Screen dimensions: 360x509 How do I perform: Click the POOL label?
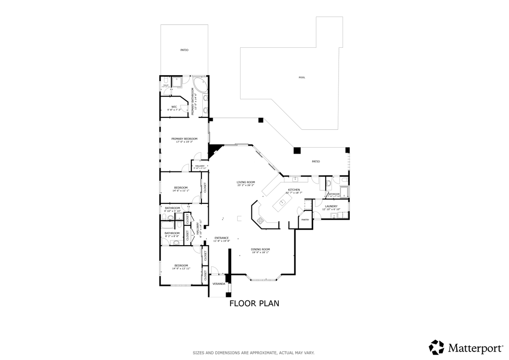pos(302,78)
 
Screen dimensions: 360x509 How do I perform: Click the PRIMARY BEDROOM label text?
pos(184,139)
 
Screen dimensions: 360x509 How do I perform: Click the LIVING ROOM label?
pos(246,182)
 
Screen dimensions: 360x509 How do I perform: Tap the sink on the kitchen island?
pos(282,202)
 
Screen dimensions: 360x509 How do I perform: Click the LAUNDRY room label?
pos(331,206)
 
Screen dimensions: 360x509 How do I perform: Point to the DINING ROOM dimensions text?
pos(260,253)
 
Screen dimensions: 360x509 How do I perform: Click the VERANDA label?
pos(219,284)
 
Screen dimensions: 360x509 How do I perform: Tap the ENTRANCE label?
pos(221,238)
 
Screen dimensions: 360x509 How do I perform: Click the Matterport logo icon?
pos(436,347)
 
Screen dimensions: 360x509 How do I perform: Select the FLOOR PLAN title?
pos(254,303)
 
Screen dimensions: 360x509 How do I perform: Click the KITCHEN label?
pos(294,190)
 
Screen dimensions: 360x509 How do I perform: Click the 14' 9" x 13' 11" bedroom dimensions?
pos(181,269)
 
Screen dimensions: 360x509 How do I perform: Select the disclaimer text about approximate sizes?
pos(254,353)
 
